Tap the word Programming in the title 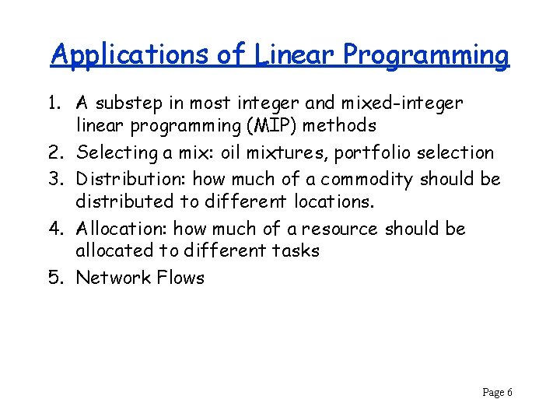click(426, 55)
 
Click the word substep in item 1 click(135, 103)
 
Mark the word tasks click(296, 250)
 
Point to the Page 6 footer click(497, 393)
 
